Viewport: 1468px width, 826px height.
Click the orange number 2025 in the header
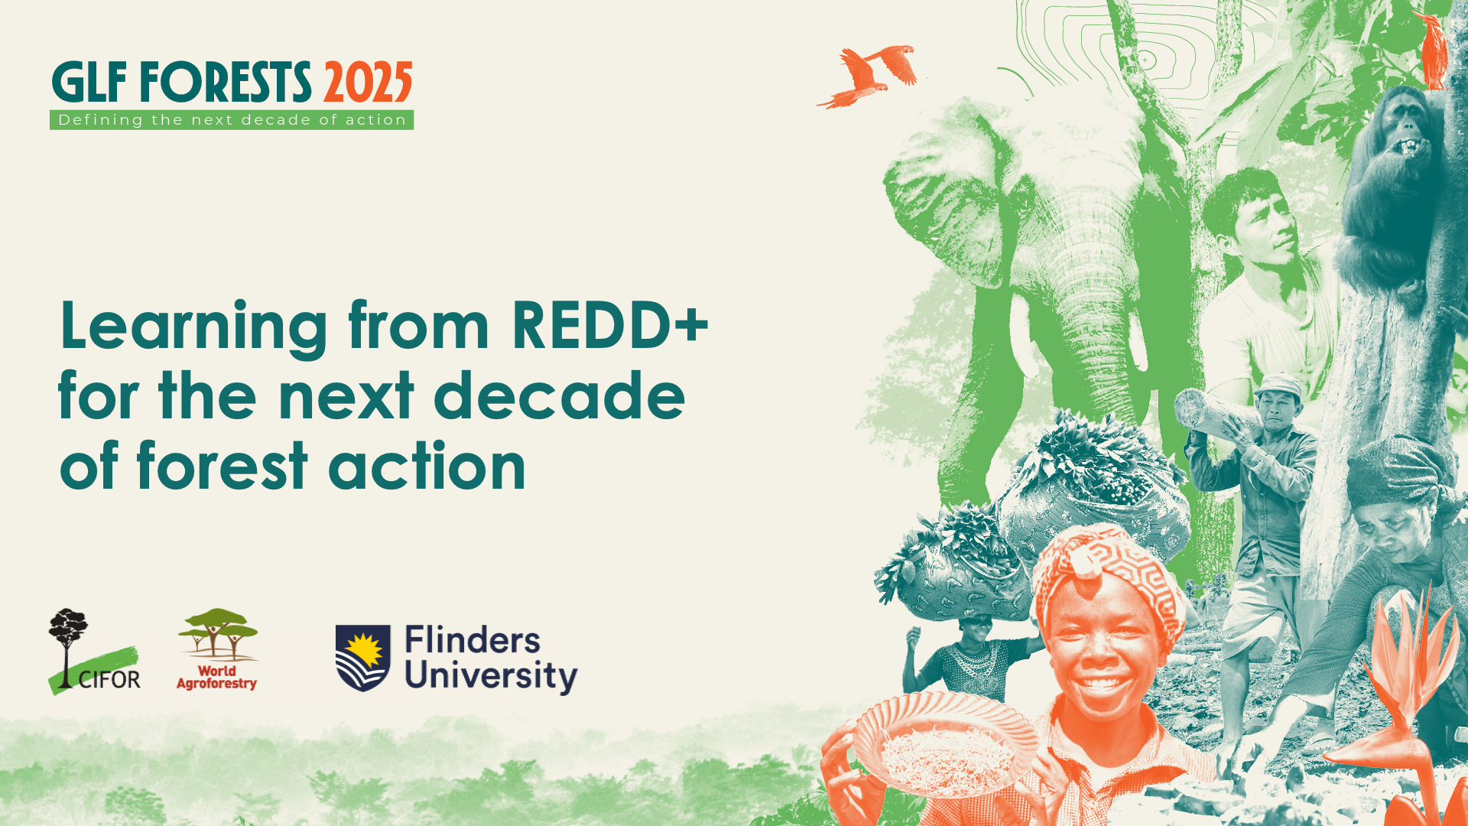pos(368,82)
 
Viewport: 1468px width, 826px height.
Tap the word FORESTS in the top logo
pos(226,82)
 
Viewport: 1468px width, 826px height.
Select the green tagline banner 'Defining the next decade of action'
pos(232,120)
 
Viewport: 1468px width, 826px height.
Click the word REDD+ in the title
pos(610,325)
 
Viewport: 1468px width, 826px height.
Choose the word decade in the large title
pos(559,395)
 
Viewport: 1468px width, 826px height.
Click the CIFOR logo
pos(94,652)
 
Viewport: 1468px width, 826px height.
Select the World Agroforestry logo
pos(217,650)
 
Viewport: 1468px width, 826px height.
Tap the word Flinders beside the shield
pos(473,641)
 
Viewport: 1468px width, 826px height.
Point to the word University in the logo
pos(491,677)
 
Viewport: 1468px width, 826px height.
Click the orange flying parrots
pos(867,75)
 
